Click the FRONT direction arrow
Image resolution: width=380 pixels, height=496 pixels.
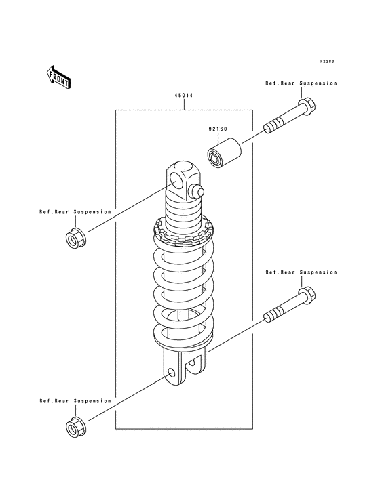coord(58,77)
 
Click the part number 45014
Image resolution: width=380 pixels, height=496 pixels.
coord(183,96)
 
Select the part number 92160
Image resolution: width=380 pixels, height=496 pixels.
coord(218,129)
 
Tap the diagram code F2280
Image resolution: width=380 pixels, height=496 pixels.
coord(327,62)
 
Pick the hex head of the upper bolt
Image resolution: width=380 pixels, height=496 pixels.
coord(307,106)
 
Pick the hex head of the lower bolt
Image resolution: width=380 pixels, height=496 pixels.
coord(307,295)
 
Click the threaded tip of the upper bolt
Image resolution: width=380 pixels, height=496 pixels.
coord(272,127)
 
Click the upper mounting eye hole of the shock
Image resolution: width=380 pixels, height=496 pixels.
coord(176,182)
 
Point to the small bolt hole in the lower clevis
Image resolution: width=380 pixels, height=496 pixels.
coord(171,373)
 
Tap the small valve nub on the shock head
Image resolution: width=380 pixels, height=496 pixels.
coord(195,190)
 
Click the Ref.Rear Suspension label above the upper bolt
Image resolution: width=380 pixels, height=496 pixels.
coord(301,83)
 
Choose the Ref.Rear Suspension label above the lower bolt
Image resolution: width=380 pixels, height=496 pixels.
coord(301,272)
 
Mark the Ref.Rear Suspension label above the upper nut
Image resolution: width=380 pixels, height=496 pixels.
coord(75,212)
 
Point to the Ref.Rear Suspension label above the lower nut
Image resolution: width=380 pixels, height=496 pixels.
coord(75,401)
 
